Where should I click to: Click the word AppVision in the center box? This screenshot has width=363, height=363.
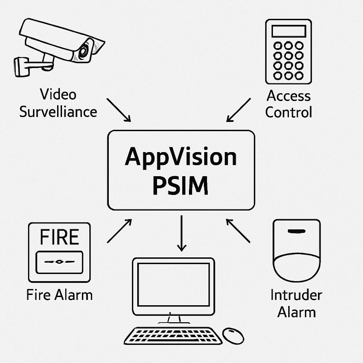tap(181, 157)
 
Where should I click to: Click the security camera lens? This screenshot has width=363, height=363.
tap(84, 51)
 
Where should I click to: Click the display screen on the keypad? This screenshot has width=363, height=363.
tap(289, 31)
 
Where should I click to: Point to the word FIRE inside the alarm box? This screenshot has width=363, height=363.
tap(59, 237)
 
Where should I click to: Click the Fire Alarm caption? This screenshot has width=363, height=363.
tap(59, 295)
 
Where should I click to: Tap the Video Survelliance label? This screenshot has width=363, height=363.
tap(58, 103)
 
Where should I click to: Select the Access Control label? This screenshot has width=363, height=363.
tap(289, 104)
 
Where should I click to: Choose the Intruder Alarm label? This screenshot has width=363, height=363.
tap(296, 304)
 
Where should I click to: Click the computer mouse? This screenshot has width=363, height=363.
tap(233, 335)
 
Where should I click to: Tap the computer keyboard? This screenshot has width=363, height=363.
tap(173, 336)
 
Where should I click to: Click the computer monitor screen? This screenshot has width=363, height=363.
tap(173, 285)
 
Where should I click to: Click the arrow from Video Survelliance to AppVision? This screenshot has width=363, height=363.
tap(119, 110)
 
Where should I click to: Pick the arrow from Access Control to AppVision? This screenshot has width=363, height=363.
tap(238, 110)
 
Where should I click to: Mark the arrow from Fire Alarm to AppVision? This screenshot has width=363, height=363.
tap(119, 231)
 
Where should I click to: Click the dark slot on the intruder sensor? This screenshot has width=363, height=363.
tap(296, 231)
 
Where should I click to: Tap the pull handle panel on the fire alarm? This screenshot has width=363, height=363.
tap(59, 262)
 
